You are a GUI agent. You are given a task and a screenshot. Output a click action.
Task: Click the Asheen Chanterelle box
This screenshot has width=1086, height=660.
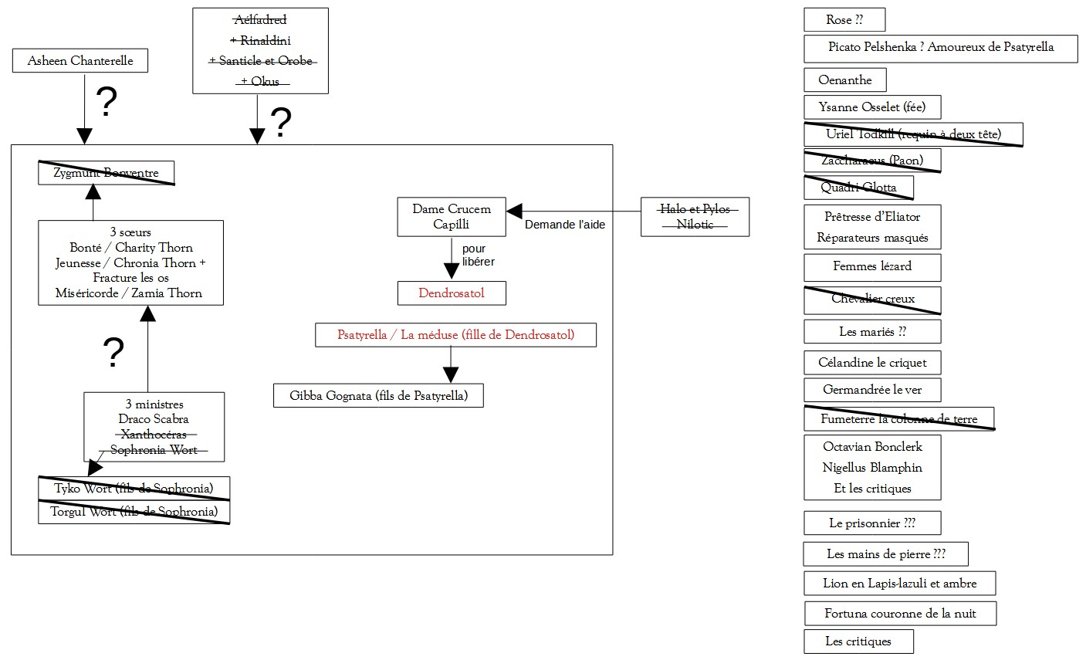coord(80,61)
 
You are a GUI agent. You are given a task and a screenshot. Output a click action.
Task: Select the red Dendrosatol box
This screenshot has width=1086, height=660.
coord(452,293)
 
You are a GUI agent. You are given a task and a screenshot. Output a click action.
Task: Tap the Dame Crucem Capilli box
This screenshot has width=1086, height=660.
coord(452,217)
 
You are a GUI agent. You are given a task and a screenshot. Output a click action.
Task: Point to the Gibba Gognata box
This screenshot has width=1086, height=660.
coord(378,396)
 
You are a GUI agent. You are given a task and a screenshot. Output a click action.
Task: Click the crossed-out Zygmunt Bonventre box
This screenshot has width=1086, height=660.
coord(107,173)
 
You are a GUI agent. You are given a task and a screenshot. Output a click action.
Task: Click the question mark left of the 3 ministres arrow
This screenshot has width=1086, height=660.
coord(113,353)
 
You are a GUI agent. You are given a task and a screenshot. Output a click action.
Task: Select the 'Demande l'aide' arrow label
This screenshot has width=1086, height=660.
coord(565,225)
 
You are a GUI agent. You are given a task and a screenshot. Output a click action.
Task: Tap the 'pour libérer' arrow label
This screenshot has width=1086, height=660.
coord(478,256)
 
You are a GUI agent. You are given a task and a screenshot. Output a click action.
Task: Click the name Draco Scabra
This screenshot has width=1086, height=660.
coord(154,419)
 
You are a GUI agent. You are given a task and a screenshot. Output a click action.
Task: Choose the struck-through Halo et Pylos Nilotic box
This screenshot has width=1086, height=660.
coord(695,217)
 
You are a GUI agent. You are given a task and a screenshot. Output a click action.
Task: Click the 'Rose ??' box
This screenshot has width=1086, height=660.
coord(844,20)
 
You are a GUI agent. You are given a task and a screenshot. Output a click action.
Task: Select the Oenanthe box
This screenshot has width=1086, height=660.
coord(845,80)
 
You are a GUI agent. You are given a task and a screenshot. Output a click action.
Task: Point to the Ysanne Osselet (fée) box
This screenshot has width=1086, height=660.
coord(872,107)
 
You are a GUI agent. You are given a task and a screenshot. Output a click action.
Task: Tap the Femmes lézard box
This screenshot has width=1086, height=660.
coord(872,266)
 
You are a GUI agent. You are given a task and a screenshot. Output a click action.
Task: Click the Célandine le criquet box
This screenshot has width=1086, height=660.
coord(872,363)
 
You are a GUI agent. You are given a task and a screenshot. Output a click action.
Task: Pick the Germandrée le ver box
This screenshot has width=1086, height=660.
coord(872,390)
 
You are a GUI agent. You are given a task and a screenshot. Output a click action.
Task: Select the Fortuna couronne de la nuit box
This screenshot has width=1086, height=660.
coord(900,614)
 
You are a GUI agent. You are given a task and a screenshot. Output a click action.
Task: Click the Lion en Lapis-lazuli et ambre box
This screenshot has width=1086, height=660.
coord(900,584)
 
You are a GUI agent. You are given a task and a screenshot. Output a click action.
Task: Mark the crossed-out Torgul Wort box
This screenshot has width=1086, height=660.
coord(134,512)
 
